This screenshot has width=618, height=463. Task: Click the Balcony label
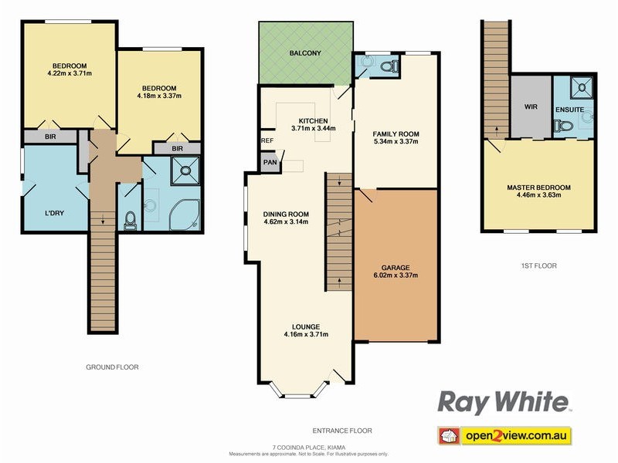point(305,53)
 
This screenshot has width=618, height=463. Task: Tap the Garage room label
point(395,268)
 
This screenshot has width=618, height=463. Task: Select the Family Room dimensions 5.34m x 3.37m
point(396,141)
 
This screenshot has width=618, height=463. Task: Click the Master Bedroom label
point(538,187)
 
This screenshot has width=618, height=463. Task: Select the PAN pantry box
point(270,162)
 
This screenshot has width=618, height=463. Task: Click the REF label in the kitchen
point(267,140)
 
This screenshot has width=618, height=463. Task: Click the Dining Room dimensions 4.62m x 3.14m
point(286,221)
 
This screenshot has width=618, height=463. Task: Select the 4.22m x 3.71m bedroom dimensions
point(70,74)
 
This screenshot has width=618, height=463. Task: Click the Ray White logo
point(504,402)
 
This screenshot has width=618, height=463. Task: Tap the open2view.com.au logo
point(504,437)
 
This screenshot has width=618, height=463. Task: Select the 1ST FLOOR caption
point(538,265)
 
